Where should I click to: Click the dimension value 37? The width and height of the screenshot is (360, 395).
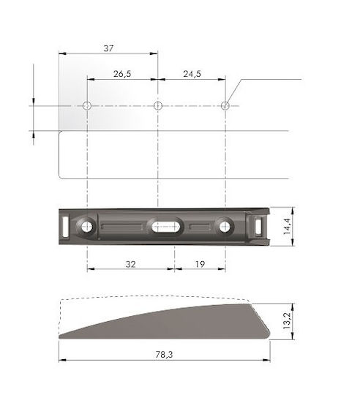point(108,48)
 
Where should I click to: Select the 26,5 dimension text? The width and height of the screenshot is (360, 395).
point(122,74)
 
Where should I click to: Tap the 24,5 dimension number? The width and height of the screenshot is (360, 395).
point(192,74)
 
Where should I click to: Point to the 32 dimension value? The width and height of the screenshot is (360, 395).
point(130,264)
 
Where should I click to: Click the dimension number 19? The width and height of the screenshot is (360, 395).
point(200,264)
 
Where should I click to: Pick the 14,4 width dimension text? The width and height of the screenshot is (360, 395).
point(287,227)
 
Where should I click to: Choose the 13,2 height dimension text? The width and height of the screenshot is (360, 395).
point(287,321)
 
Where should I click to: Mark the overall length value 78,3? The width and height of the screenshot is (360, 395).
point(164,355)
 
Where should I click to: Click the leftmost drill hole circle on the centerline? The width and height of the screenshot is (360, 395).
point(87,106)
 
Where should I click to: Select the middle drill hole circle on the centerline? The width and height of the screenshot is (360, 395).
point(158,106)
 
